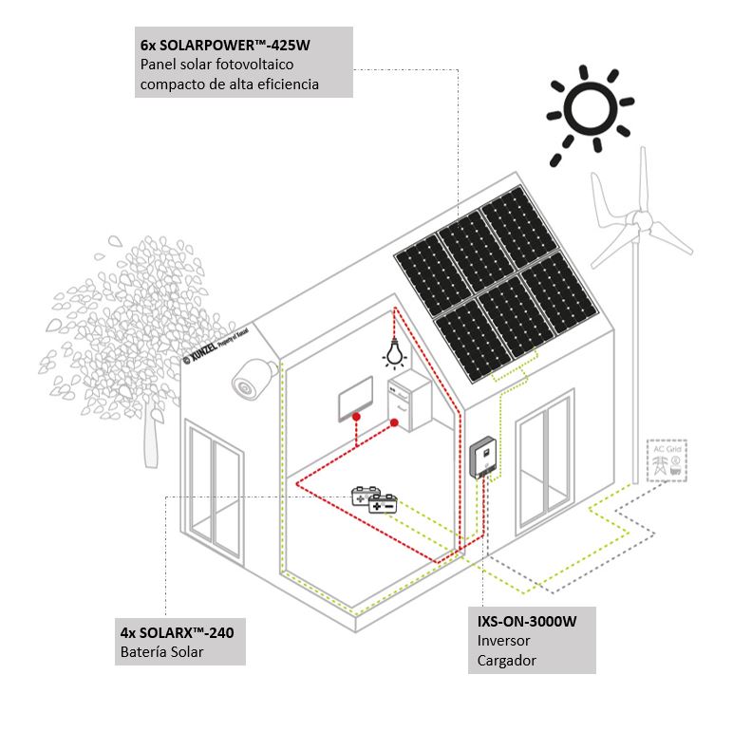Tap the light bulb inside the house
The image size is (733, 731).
point(392,354)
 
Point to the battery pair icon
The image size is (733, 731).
point(374,500)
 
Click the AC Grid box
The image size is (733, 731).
point(667,460)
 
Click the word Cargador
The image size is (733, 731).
point(506,660)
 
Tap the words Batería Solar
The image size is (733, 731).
point(161,652)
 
